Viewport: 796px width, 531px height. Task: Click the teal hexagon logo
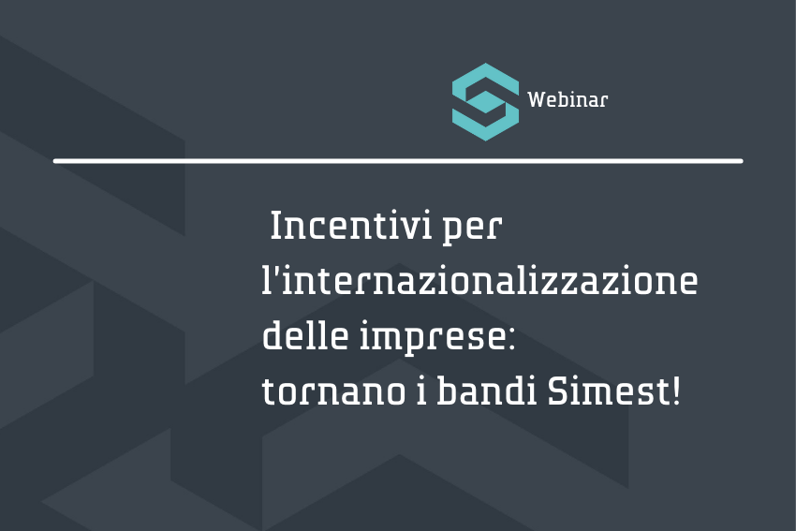485,101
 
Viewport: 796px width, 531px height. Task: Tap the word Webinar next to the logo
568,99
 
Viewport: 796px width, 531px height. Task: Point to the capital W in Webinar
536,99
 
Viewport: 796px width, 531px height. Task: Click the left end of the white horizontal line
55,161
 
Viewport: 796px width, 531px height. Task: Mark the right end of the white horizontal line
741,161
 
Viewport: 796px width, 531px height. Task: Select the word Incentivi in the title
351,226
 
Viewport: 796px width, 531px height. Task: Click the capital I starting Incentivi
275,226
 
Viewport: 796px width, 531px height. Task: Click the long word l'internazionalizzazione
479,280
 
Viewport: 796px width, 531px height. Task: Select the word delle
305,335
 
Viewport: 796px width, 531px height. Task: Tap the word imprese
432,337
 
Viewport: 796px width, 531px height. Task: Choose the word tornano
333,391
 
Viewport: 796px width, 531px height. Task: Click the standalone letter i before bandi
421,390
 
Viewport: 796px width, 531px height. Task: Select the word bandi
487,390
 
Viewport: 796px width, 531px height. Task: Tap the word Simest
608,391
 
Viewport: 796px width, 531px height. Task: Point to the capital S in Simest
557,391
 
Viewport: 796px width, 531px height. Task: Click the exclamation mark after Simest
676,391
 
